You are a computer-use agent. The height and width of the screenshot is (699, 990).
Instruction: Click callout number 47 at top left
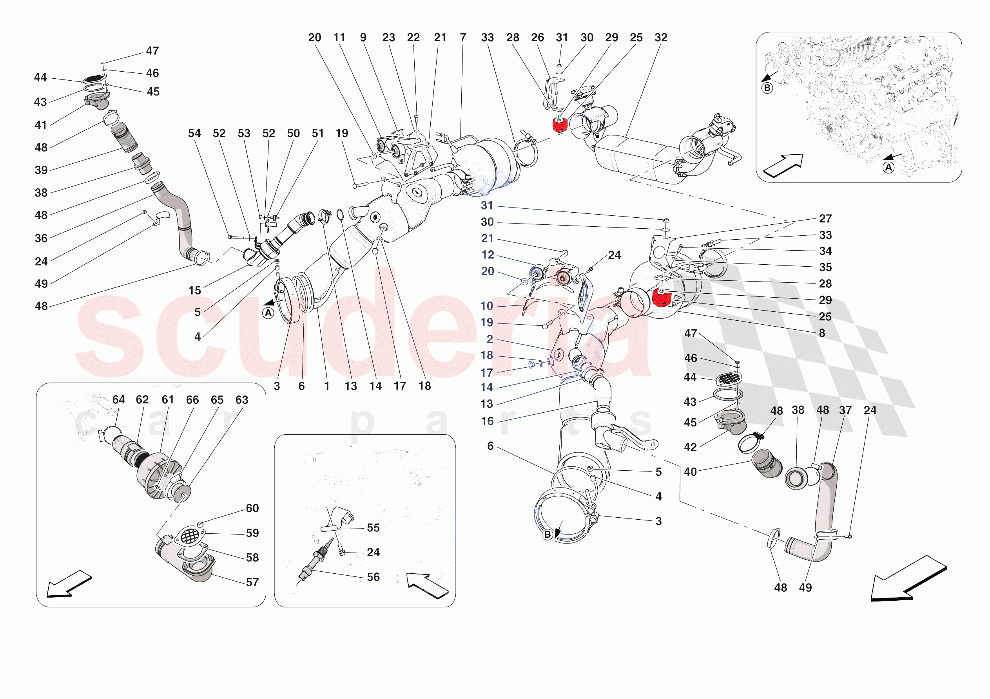click(x=152, y=51)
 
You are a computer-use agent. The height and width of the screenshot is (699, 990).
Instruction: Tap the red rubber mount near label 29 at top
click(x=559, y=125)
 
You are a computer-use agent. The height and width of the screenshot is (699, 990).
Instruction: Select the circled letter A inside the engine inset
click(x=888, y=167)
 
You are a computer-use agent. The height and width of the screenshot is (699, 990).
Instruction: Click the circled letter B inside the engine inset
click(x=767, y=88)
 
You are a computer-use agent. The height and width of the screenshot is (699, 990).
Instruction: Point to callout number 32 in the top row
click(x=660, y=38)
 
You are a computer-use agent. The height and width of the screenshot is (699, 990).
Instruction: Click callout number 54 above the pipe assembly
click(x=194, y=133)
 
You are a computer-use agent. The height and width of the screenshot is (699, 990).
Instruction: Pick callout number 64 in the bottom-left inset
click(x=119, y=399)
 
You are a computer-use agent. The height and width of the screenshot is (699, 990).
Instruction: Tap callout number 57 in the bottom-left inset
click(x=252, y=582)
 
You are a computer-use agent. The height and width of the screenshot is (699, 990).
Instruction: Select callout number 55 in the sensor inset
click(x=373, y=527)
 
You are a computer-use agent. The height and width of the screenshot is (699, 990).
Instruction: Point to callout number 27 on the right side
click(x=825, y=219)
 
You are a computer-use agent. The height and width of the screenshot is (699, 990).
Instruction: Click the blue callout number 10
click(x=487, y=306)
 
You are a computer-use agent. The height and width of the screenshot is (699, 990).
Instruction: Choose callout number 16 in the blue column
click(x=487, y=421)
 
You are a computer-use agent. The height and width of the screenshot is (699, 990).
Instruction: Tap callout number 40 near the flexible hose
click(x=690, y=471)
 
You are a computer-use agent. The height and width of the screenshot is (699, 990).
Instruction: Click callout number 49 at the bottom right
click(x=805, y=587)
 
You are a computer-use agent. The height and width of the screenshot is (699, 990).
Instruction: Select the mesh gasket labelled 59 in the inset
click(x=190, y=536)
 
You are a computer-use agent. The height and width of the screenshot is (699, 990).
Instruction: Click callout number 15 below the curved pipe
click(x=194, y=291)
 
